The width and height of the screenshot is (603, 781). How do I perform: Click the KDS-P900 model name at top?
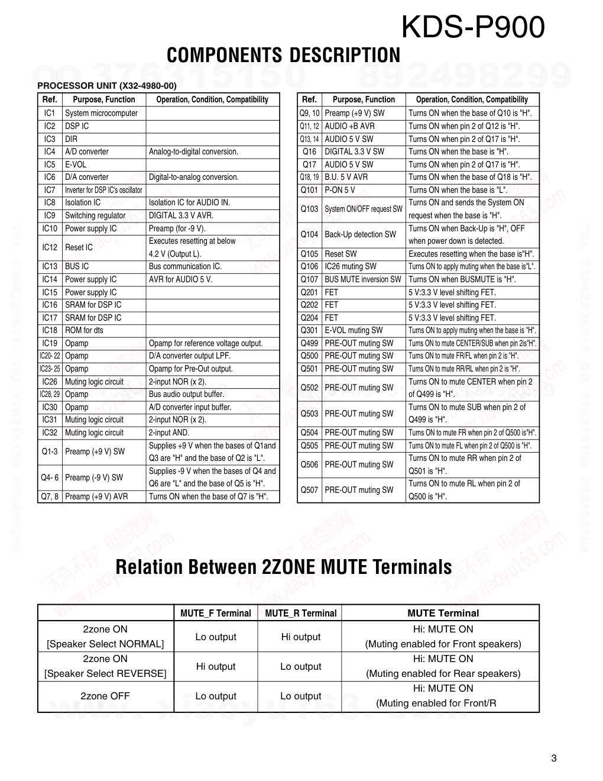click(x=472, y=27)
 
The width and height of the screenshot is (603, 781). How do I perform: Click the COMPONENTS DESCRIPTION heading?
click(x=283, y=56)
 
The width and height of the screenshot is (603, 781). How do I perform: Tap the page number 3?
click(x=554, y=759)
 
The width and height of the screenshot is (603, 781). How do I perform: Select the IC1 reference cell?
click(x=50, y=113)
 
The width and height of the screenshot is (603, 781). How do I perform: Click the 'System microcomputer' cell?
click(x=101, y=113)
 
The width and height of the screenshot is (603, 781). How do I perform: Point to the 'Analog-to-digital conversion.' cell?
click(x=193, y=151)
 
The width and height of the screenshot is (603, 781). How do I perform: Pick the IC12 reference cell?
click(x=50, y=247)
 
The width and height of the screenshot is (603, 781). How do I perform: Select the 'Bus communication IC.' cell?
click(x=185, y=266)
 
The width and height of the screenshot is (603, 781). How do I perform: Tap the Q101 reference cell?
click(x=309, y=190)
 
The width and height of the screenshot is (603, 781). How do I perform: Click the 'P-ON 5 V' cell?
click(x=340, y=190)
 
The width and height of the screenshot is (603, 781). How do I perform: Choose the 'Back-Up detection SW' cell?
click(x=360, y=234)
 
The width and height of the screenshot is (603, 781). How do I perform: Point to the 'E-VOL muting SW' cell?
click(x=354, y=330)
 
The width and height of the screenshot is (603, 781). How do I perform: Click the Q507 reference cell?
click(x=309, y=490)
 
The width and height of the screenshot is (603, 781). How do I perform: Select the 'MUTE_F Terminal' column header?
click(x=216, y=613)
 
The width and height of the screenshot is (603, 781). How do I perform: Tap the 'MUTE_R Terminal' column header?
click(x=300, y=613)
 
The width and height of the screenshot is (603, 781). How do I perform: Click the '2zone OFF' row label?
click(x=105, y=696)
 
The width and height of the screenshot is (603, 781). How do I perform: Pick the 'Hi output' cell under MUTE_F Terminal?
click(x=216, y=666)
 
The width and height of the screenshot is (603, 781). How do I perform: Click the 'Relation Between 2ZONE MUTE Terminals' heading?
click(x=284, y=567)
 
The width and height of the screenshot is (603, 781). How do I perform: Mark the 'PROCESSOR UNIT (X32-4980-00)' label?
click(x=107, y=86)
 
